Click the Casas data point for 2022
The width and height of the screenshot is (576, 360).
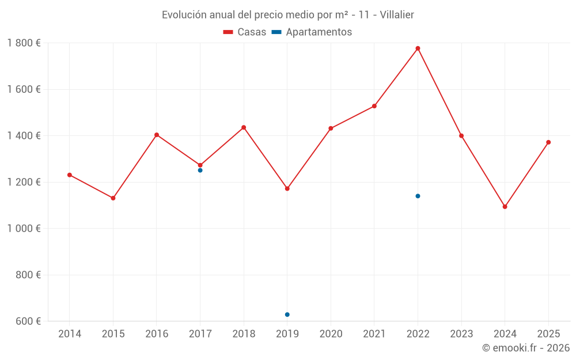click(x=418, y=48)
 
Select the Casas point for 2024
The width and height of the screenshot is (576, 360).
click(x=505, y=207)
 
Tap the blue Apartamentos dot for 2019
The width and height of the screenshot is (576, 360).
click(x=287, y=314)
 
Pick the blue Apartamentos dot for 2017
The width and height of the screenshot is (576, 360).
click(x=200, y=170)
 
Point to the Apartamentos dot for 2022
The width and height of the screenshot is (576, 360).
click(x=418, y=196)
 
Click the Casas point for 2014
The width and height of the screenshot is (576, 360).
click(x=70, y=175)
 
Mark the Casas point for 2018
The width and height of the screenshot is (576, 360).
click(x=244, y=127)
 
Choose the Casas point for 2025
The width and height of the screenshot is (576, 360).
click(x=548, y=142)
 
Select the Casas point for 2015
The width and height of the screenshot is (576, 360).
click(x=113, y=198)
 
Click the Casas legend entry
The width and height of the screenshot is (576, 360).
click(x=245, y=32)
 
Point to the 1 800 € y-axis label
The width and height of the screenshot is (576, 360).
click(x=24, y=43)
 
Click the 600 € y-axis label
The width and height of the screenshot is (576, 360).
click(x=27, y=321)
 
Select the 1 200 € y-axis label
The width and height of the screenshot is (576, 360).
click(x=24, y=182)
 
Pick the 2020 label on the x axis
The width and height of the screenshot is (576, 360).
click(x=331, y=334)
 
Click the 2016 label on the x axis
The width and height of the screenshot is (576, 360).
click(x=157, y=334)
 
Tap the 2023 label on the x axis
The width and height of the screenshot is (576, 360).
click(x=461, y=334)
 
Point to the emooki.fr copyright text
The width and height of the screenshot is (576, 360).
click(x=526, y=348)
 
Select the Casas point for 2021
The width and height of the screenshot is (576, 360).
click(x=374, y=106)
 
